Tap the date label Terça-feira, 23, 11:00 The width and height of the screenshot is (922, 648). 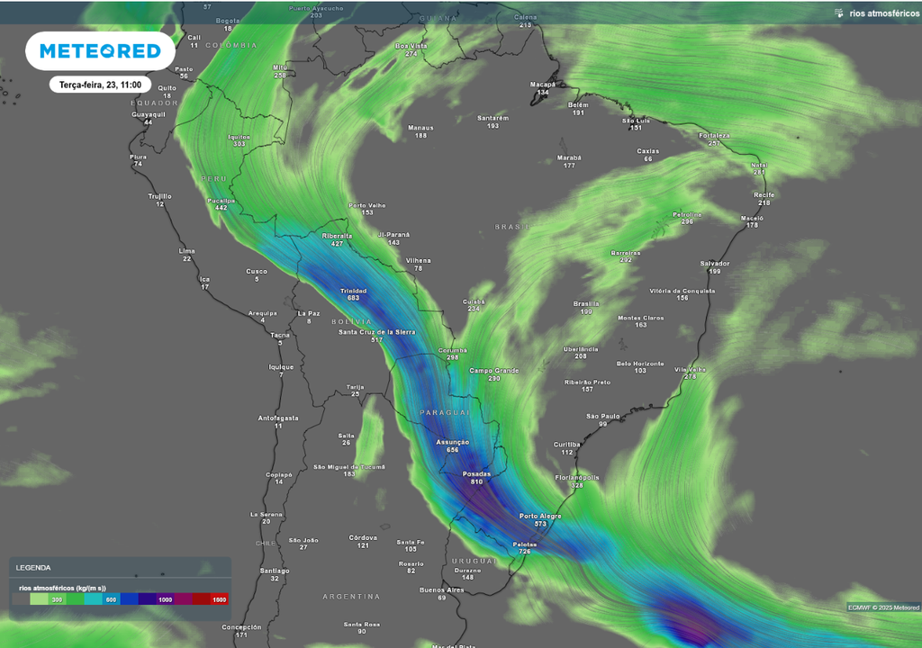(100, 84)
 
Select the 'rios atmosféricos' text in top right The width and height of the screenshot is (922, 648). (883, 13)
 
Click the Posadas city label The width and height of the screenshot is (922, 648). (476, 473)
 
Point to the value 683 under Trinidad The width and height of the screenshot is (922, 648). (353, 298)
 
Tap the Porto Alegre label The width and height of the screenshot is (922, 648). (540, 516)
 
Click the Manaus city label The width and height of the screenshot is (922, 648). (420, 128)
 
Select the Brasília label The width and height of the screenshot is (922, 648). (586, 303)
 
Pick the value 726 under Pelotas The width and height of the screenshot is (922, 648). (524, 551)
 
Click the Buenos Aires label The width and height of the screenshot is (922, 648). (441, 589)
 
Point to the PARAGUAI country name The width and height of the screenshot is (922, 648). (445, 412)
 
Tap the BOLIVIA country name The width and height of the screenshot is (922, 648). (350, 321)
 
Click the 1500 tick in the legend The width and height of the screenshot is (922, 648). (218, 599)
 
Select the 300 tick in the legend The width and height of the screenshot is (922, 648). (56, 599)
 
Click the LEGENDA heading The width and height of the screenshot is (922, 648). (33, 568)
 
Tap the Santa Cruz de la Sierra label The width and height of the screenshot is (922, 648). (376, 332)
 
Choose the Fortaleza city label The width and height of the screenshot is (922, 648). (714, 135)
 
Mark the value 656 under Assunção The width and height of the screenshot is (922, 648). (452, 450)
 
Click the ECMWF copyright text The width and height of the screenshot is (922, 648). (881, 607)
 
